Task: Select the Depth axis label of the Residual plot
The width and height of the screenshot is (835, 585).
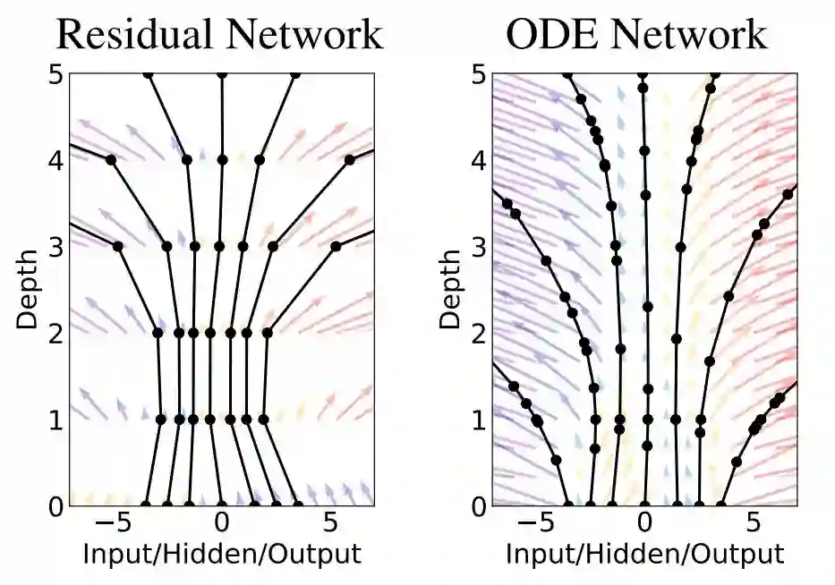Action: [28, 290]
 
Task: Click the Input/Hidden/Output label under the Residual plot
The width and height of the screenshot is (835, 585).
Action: [222, 554]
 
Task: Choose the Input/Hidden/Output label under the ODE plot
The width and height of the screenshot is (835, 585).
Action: [644, 554]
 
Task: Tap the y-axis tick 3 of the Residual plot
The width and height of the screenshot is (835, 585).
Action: [55, 246]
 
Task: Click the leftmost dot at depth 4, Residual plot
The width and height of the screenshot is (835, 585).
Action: [111, 160]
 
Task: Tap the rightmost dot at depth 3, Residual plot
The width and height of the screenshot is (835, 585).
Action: [336, 246]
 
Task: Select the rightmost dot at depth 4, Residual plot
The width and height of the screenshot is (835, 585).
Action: [349, 160]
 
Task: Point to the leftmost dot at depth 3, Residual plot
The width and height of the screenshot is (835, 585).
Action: [117, 246]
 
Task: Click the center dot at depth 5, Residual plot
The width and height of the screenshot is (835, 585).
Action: [222, 75]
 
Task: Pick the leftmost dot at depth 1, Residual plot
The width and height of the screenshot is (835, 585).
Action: [161, 419]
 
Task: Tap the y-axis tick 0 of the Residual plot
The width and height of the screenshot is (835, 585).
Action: [55, 505]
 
